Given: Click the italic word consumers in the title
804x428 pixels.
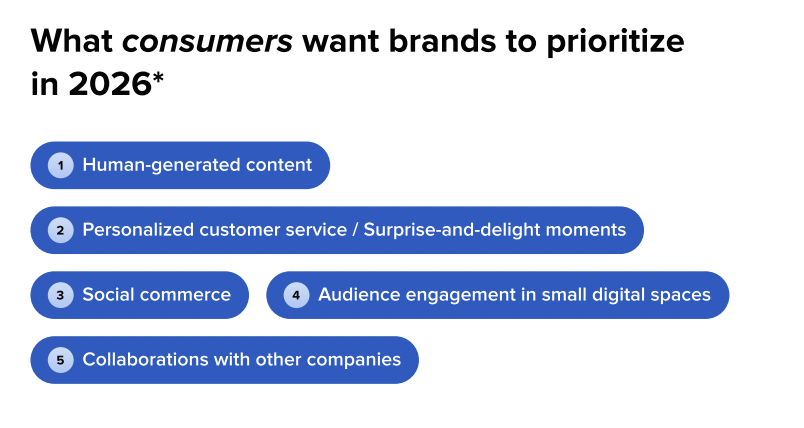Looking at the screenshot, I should click(x=207, y=42).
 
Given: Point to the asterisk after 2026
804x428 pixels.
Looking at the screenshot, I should click(x=158, y=80).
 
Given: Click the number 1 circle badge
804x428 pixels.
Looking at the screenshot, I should click(x=61, y=165).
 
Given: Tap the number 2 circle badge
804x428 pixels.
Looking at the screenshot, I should click(x=61, y=230).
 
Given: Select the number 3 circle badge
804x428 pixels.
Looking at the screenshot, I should click(x=61, y=295).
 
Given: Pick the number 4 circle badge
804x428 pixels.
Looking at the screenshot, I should click(x=297, y=295).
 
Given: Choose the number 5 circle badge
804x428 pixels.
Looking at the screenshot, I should click(x=61, y=360).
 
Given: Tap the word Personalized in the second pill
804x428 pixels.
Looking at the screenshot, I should click(x=136, y=230).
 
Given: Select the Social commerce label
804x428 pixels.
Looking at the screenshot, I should click(x=157, y=295).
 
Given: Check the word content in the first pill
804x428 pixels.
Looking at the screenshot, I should click(x=281, y=165).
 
